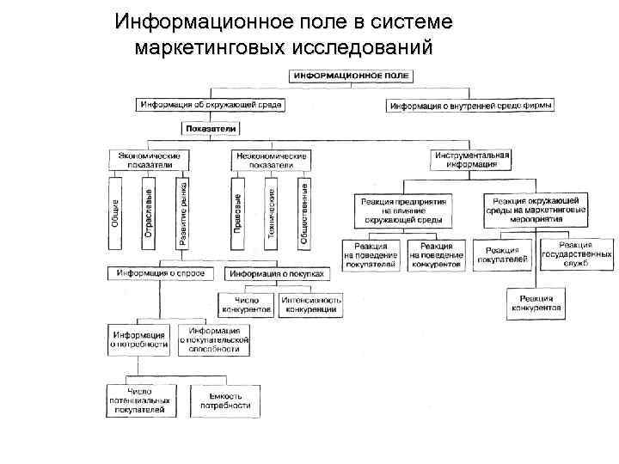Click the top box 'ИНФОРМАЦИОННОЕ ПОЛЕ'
(x=352, y=76)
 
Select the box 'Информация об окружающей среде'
(x=211, y=105)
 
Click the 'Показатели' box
(x=211, y=128)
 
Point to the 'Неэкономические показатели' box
(x=271, y=159)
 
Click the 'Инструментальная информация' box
(x=470, y=159)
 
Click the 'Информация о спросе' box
(x=162, y=273)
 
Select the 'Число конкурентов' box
(x=247, y=304)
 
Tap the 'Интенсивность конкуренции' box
(x=310, y=304)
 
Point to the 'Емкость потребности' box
(x=227, y=400)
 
